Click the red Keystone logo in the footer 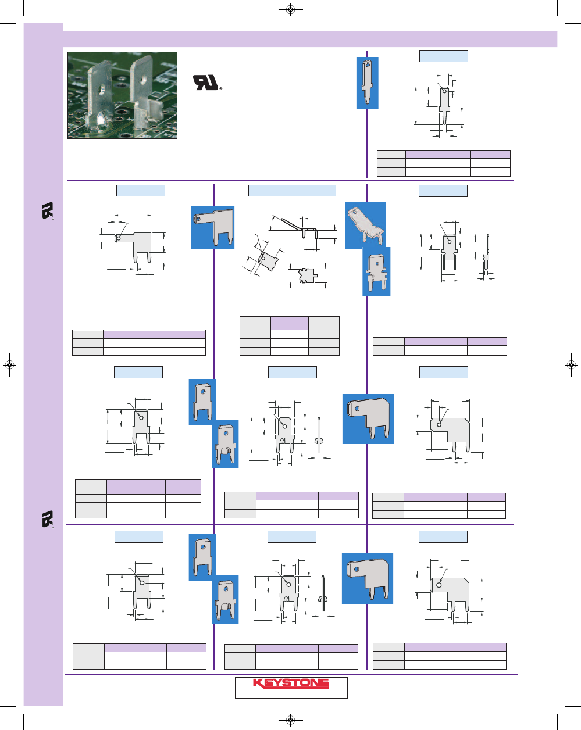(291, 683)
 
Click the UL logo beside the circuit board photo (206, 83)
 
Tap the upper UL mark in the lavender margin (48, 211)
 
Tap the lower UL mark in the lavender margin (48, 519)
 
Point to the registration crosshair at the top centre (291, 9)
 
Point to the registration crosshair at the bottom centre (291, 720)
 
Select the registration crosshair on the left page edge (9, 365)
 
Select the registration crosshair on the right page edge (572, 365)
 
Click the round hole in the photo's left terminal (102, 91)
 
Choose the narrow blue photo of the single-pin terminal (368, 83)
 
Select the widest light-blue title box (292, 191)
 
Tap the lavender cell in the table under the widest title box (289, 324)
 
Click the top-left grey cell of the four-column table (91, 486)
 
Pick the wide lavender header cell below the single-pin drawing (438, 154)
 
